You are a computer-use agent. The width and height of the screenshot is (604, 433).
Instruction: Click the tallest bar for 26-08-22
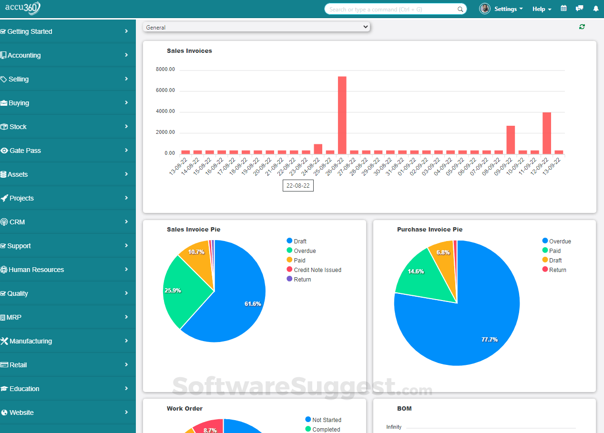(x=342, y=115)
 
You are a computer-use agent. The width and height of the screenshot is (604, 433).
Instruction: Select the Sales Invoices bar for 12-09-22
(x=547, y=133)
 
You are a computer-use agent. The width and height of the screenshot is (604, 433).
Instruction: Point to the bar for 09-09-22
(x=511, y=140)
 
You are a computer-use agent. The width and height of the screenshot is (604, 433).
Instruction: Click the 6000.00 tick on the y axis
(x=165, y=91)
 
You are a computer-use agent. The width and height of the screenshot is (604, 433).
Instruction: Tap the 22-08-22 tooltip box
(x=298, y=186)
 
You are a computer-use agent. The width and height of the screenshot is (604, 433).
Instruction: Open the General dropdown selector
(x=256, y=27)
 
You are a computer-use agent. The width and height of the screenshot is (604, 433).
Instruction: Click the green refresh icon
(x=582, y=27)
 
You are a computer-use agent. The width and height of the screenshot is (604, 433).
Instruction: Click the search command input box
(x=391, y=9)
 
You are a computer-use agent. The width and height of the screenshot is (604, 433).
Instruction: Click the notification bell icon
(x=595, y=9)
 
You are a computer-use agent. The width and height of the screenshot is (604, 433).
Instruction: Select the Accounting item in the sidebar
(x=24, y=55)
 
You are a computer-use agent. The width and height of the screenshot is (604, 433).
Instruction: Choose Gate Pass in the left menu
(x=25, y=151)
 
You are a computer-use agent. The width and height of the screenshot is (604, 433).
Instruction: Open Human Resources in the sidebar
(x=36, y=270)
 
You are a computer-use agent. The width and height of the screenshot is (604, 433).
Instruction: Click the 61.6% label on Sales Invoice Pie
(x=253, y=303)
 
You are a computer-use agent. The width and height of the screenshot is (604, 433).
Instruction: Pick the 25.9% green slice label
(x=173, y=290)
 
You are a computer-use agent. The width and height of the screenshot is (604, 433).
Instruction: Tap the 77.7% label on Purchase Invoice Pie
(x=490, y=340)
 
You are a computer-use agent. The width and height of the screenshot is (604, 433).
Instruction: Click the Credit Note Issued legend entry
(x=317, y=270)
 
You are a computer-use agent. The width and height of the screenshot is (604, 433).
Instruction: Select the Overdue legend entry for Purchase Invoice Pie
(x=560, y=242)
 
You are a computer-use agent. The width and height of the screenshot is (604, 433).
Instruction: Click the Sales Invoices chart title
(x=189, y=51)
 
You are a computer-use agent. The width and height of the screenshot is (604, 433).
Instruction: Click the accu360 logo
(x=23, y=8)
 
